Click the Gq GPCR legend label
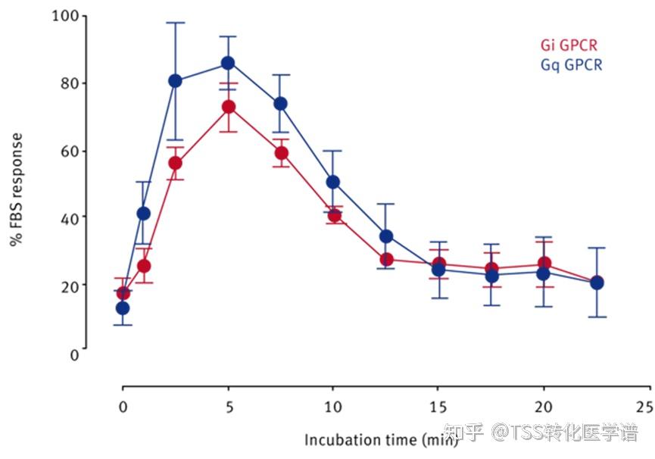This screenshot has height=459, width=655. point(572,65)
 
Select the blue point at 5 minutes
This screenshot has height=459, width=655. point(227,63)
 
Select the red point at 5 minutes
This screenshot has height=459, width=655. point(227,107)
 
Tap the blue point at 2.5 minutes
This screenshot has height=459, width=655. point(175,81)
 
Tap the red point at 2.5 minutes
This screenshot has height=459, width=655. point(175,163)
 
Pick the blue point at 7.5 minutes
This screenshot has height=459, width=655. point(280,103)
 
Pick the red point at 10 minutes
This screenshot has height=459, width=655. point(333,215)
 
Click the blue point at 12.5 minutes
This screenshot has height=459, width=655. point(385,236)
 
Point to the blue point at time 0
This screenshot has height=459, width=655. point(123,308)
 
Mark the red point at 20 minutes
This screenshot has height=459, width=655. point(544,264)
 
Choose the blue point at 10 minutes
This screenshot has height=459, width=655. point(332,182)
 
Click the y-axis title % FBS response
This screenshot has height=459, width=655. point(16,189)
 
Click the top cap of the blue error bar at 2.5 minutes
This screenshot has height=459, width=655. point(175,23)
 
